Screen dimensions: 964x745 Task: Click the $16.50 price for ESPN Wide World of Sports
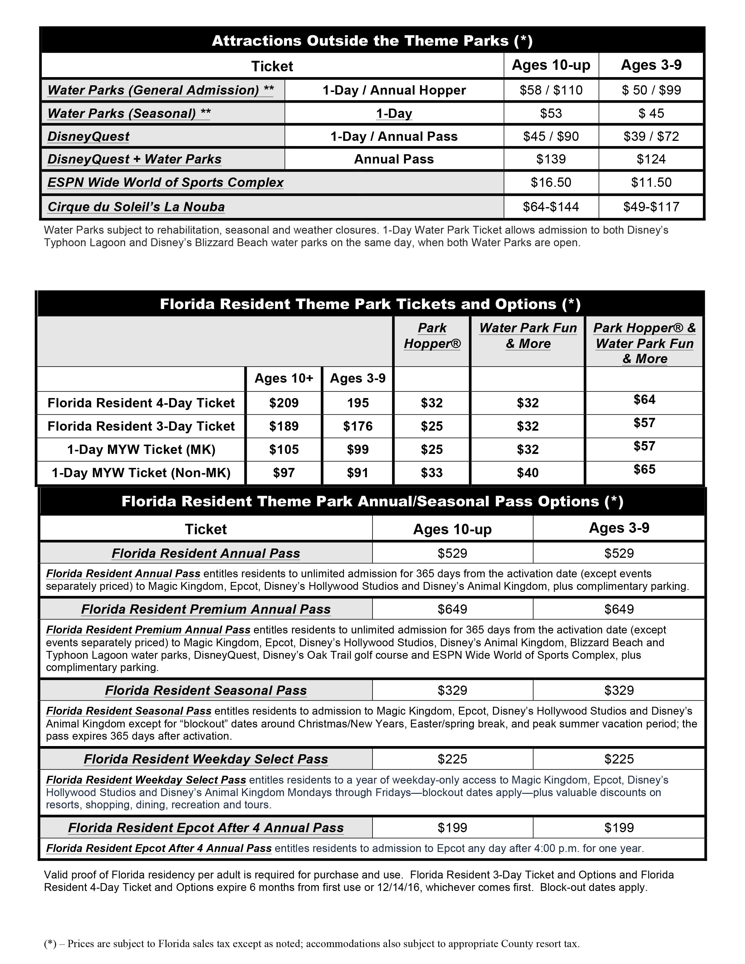click(551, 182)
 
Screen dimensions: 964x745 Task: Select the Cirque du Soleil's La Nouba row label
click(136, 207)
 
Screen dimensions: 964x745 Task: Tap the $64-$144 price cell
click(551, 207)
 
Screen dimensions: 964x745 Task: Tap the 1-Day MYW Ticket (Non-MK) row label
click(141, 473)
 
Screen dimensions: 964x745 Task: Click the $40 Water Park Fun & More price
click(528, 473)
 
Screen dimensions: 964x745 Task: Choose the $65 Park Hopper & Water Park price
click(644, 469)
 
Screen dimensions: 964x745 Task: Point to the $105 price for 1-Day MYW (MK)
click(284, 449)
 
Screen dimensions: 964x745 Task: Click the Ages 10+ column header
click(284, 378)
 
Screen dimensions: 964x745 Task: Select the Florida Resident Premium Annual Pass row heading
click(206, 609)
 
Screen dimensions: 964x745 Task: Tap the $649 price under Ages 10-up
click(453, 609)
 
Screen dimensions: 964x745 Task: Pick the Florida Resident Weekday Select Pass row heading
click(206, 759)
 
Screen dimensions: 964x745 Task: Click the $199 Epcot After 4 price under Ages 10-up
click(453, 828)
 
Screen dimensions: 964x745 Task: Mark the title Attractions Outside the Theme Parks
click(372, 41)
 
